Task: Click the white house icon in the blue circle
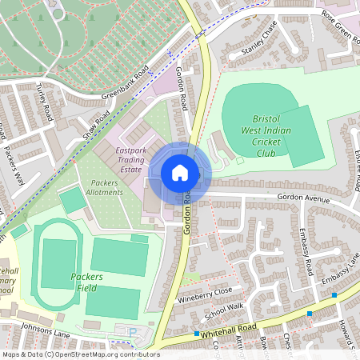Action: click(180, 173)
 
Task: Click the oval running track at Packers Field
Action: click(56, 264)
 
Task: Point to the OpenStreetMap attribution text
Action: click(80, 354)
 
